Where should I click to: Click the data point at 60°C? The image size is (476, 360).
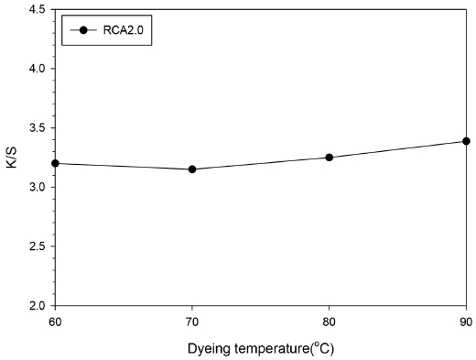coord(55,163)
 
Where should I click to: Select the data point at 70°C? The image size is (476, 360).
coord(192,169)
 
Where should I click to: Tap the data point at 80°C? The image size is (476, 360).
coord(330,158)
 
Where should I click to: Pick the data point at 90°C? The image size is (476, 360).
coord(466,141)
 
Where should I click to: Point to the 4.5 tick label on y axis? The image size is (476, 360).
coord(36,10)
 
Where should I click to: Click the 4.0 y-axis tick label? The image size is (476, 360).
coord(36,69)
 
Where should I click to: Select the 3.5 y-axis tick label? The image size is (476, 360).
coord(36,128)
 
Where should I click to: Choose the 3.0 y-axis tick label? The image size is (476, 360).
coord(36,187)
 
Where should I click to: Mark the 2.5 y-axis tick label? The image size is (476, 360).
coord(36,246)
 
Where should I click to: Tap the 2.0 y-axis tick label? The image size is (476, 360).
coord(36,305)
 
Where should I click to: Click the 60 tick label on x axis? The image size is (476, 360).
coord(55,321)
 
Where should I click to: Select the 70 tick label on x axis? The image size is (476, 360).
coord(192,321)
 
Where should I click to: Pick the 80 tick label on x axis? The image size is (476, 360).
coord(330,321)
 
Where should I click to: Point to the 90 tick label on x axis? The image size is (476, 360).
coord(466,321)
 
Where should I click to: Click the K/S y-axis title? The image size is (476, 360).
coord(11,158)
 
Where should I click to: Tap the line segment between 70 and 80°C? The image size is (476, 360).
coord(261,164)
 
